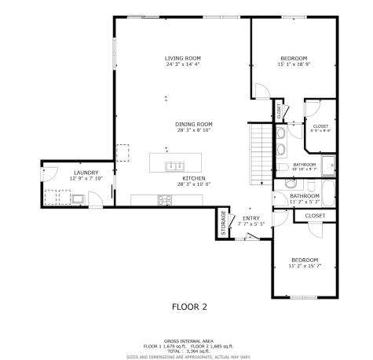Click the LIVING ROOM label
(x=183, y=58)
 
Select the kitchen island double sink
(x=174, y=165)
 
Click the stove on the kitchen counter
(x=164, y=200)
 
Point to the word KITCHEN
(x=194, y=179)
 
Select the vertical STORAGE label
(x=223, y=222)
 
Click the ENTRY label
(x=251, y=218)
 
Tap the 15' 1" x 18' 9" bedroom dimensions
(x=294, y=65)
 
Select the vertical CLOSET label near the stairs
(x=279, y=111)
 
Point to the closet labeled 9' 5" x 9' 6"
(x=320, y=129)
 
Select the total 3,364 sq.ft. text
(x=186, y=351)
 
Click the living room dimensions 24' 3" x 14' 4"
(x=183, y=64)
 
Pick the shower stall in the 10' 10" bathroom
(x=332, y=165)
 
